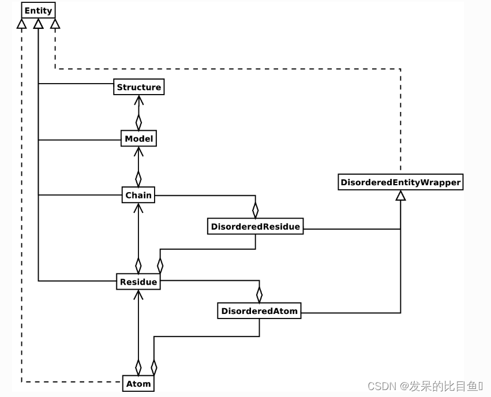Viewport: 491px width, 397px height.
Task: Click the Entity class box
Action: [38, 10]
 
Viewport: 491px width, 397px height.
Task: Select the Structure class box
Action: [138, 87]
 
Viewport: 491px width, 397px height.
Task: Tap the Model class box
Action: [138, 138]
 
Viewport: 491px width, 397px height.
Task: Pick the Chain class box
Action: [138, 195]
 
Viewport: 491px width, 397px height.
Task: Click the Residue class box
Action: [138, 282]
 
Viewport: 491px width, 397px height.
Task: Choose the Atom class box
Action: [138, 383]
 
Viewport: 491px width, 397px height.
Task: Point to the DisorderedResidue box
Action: [255, 227]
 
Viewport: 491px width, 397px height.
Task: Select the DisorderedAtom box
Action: [259, 311]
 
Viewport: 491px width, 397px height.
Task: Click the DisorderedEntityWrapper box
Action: [400, 182]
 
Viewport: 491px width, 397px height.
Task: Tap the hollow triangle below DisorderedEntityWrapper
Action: [400, 196]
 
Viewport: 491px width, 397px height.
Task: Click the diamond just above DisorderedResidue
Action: [255, 208]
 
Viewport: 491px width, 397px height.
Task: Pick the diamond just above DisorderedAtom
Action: [259, 293]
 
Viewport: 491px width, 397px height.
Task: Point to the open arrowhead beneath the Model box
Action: [138, 152]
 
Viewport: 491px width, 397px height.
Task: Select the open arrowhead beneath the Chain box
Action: [138, 208]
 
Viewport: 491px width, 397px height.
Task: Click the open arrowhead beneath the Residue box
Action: [138, 295]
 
